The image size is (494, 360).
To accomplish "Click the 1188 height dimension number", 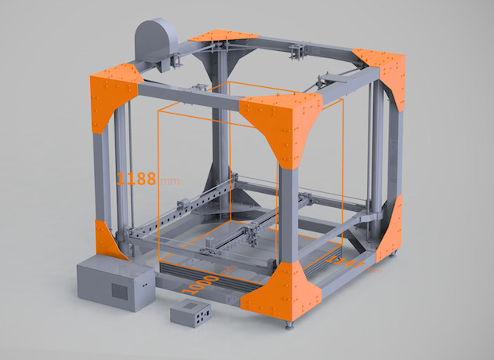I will (137, 177).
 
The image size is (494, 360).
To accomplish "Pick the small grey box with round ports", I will (191, 316).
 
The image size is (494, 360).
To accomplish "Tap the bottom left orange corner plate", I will (110, 239).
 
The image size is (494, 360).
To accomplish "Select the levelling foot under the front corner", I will (291, 322).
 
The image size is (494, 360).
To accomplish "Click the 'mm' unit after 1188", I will (169, 180).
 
